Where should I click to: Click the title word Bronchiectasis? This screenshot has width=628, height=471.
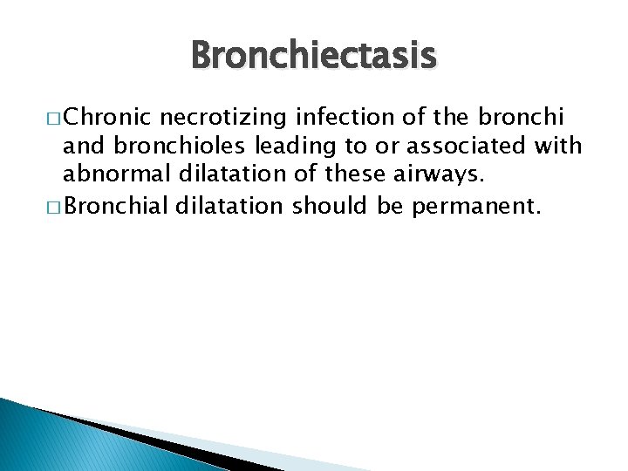313,57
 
